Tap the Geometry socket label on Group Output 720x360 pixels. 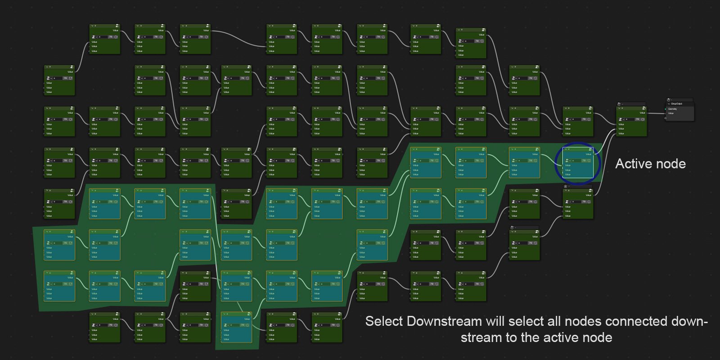pyautogui.click(x=673, y=109)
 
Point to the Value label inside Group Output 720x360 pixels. pyautogui.click(x=671, y=113)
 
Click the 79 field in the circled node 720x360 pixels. pyautogui.click(x=583, y=161)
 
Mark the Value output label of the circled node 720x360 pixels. pyautogui.click(x=588, y=154)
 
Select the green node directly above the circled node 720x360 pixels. pyautogui.click(x=578, y=121)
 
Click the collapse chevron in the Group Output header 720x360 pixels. pyautogui.click(x=669, y=103)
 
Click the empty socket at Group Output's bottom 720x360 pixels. pyautogui.click(x=666, y=118)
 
